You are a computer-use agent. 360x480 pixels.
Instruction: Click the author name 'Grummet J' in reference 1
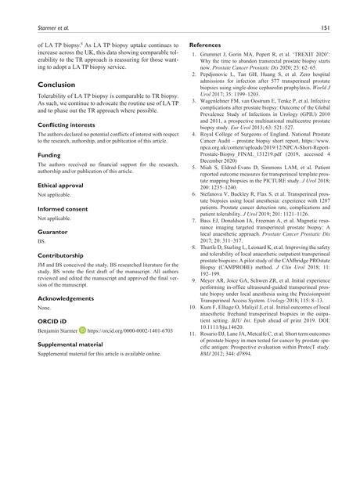(x=217, y=58)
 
